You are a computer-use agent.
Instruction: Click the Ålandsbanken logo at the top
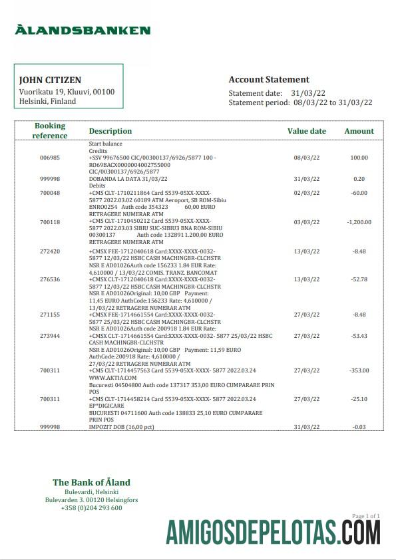pos(83,30)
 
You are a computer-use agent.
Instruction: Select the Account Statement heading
pos(269,79)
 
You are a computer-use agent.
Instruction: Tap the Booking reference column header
pos(50,130)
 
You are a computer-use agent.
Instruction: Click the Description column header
pos(110,131)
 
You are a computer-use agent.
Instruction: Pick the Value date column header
pos(306,131)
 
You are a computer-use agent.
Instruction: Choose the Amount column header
pos(359,131)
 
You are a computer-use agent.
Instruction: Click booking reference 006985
pos(50,158)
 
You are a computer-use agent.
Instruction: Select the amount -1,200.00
pos(359,222)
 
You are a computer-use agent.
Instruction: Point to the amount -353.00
pos(359,370)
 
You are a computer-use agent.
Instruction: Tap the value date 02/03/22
pos(306,193)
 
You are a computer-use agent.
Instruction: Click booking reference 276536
pos(50,279)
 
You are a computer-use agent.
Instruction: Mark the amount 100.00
pos(359,158)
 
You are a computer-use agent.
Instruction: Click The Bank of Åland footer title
pos(91,482)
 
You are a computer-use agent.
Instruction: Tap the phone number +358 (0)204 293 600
pos(92,508)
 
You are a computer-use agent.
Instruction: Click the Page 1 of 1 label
pos(365,516)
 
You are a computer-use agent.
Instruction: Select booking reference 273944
pos(50,336)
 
